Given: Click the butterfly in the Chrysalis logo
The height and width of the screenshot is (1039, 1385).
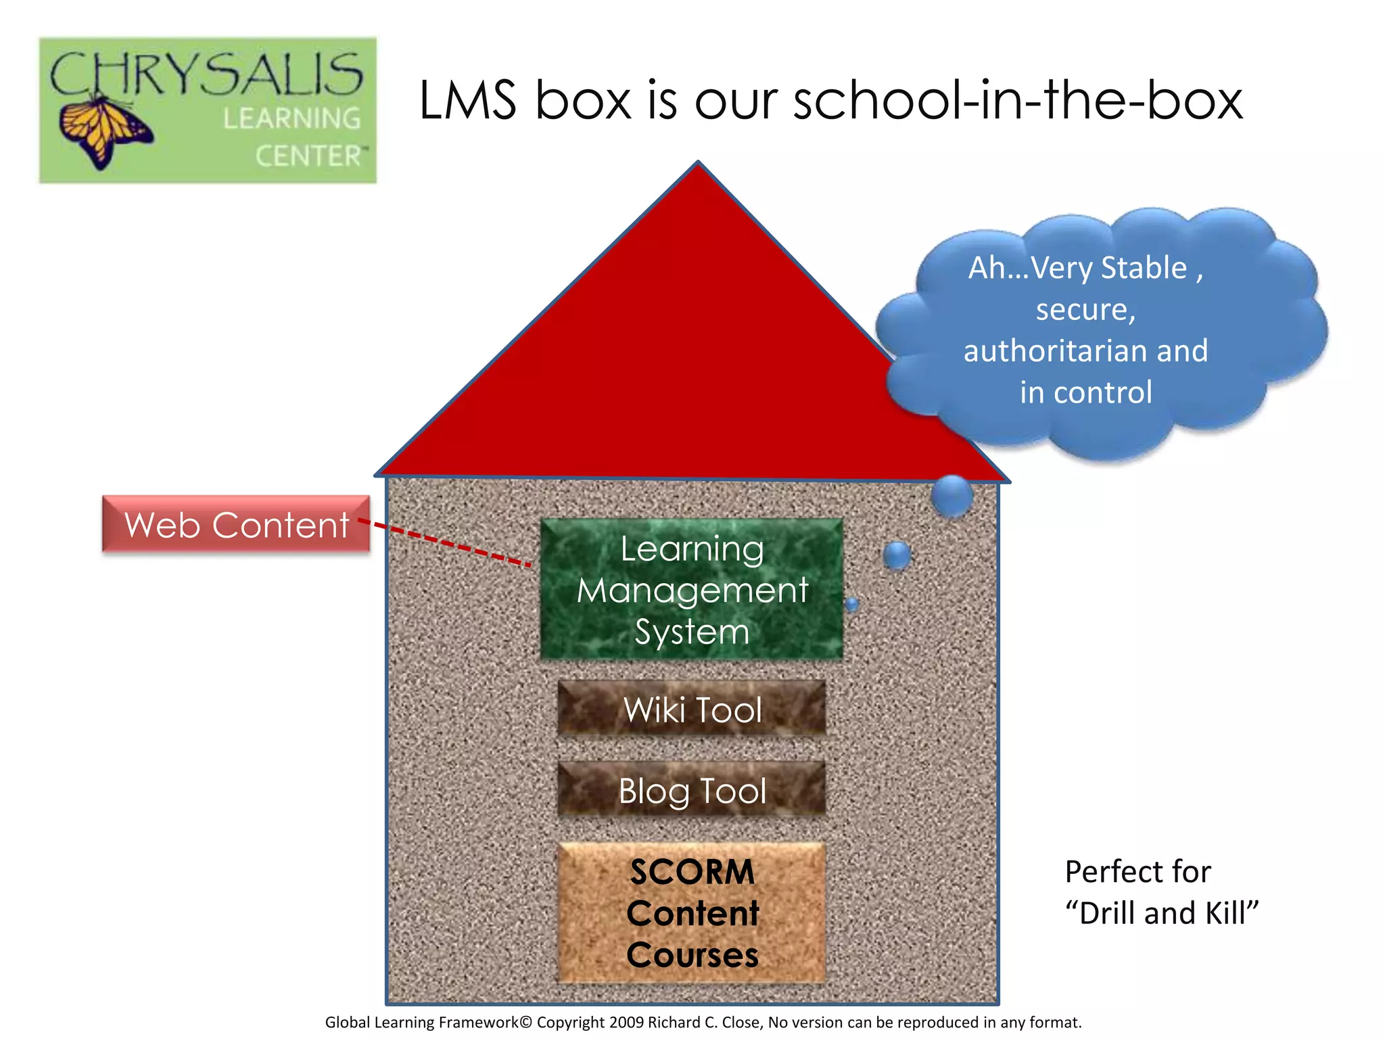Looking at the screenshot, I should click(x=105, y=132).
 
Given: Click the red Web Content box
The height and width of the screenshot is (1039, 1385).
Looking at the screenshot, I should click(x=236, y=524).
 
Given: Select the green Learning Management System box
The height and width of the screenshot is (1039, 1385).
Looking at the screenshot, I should click(x=692, y=588).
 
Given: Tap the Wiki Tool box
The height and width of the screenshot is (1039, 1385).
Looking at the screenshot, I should click(x=692, y=709).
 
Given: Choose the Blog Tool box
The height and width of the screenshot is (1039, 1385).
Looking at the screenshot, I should click(x=692, y=790).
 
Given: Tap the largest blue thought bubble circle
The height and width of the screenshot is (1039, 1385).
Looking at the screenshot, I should click(x=952, y=496).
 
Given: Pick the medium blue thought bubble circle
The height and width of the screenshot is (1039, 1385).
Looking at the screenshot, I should click(x=897, y=555).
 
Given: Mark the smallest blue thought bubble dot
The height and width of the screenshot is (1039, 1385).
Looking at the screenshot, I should click(x=852, y=604).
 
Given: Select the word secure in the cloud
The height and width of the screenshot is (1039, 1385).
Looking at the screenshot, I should click(x=1084, y=310).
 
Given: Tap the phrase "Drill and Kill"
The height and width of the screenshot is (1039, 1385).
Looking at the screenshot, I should click(x=1161, y=913).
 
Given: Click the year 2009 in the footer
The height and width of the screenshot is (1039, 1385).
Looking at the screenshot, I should click(x=626, y=1022).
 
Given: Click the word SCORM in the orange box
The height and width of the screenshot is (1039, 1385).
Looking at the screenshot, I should click(x=692, y=872).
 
